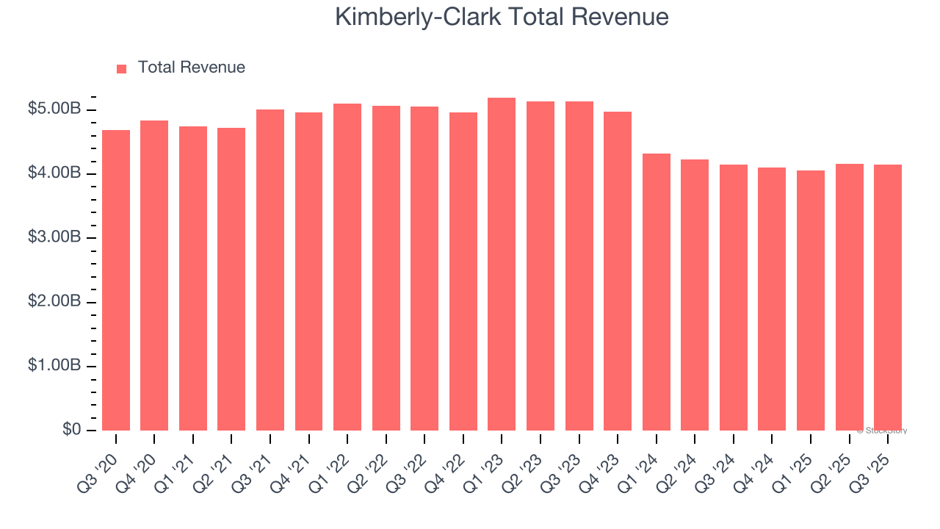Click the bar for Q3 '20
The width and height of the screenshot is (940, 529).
pyautogui.click(x=116, y=280)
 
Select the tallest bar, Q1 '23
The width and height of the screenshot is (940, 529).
pyautogui.click(x=502, y=264)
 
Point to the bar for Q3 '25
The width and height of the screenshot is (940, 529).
pyautogui.click(x=888, y=297)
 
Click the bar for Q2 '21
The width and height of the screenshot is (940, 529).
pyautogui.click(x=231, y=278)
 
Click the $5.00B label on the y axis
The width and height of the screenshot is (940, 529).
pyautogui.click(x=54, y=109)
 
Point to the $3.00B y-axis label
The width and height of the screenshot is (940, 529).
pyautogui.click(x=54, y=237)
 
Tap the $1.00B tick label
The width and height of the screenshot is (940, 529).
pyautogui.click(x=54, y=366)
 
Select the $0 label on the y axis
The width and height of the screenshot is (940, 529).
pyautogui.click(x=70, y=430)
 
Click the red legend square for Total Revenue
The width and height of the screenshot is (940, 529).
pyautogui.click(x=122, y=68)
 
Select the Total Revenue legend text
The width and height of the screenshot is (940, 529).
pyautogui.click(x=191, y=68)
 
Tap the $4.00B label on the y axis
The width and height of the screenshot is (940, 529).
pyautogui.click(x=54, y=173)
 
